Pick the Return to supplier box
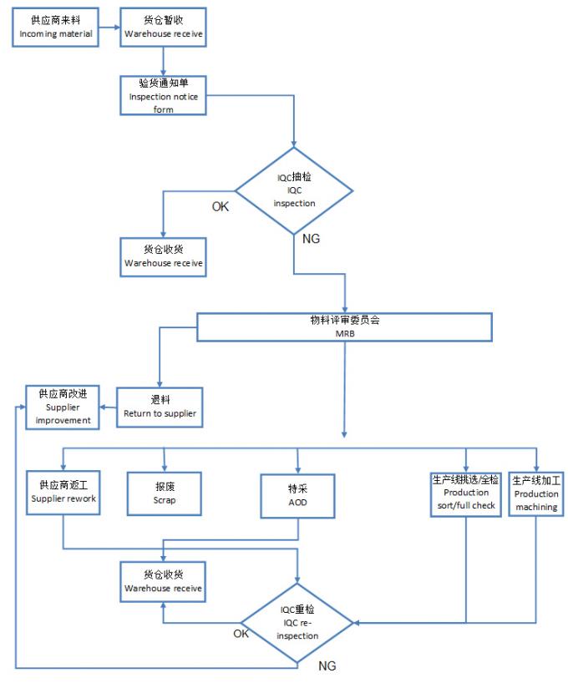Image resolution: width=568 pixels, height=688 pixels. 160,407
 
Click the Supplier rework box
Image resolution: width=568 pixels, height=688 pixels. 64,492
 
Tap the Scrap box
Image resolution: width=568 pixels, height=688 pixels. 164,492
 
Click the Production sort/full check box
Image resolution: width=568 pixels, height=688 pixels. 465,493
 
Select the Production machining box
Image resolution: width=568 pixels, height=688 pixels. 535,493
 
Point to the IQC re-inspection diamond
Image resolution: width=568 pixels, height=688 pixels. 298,623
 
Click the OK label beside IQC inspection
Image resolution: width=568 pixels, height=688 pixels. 220,207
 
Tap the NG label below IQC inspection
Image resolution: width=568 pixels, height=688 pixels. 309,240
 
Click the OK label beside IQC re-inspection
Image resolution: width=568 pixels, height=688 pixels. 241,634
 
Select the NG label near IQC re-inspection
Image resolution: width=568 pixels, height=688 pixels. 327,667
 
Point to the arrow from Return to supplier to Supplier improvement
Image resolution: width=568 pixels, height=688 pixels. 109,407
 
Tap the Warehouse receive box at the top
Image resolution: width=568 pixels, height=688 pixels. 163,26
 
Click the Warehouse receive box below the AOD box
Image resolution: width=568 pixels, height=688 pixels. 164,581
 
